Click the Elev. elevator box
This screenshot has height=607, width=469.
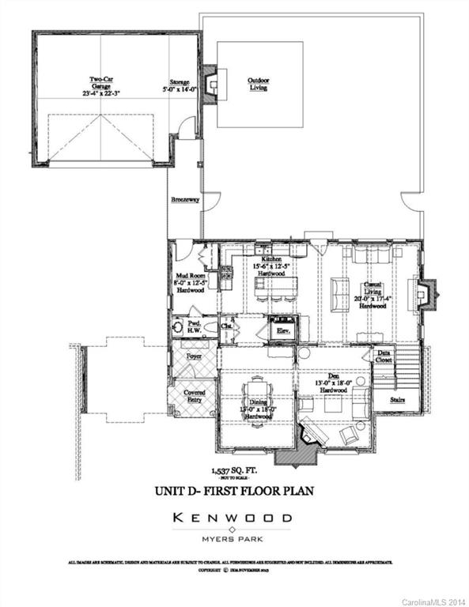[x=283, y=330]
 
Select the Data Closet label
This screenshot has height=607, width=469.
[x=384, y=356]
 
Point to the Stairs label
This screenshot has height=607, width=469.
[x=398, y=400]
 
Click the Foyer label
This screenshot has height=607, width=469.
[x=194, y=356]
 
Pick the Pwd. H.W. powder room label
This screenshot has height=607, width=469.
[x=191, y=326]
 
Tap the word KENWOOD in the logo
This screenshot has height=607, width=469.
[x=233, y=518]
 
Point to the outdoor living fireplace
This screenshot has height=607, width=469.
[x=210, y=84]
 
